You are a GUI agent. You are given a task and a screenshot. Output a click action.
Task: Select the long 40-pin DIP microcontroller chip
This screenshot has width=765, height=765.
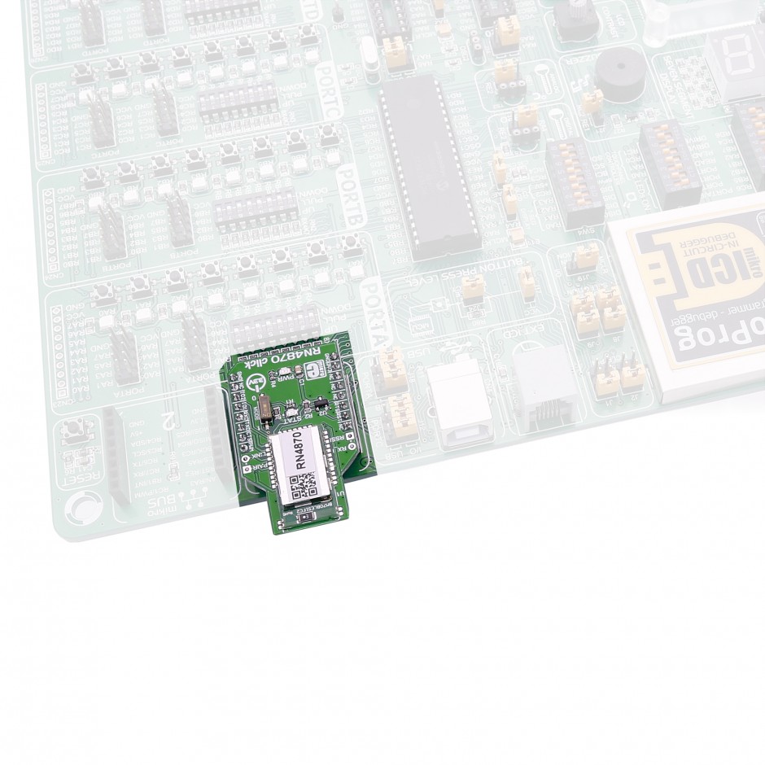pyautogui.click(x=427, y=167)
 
